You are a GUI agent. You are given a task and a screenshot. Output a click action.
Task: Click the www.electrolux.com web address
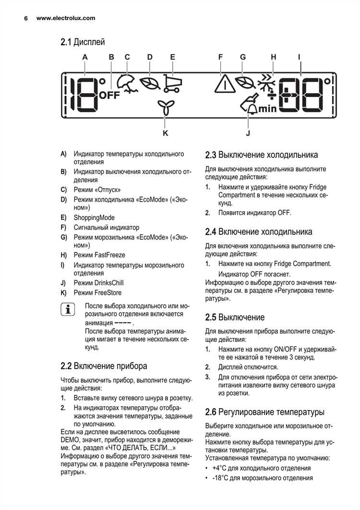[x=66, y=18]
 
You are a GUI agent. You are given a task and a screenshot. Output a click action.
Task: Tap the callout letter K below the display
[x=165, y=134]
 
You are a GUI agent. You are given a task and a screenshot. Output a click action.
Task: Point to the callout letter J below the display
[x=248, y=134]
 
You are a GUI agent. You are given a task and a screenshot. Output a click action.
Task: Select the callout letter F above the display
[x=220, y=57]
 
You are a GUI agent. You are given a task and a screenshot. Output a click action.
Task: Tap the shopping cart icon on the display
[x=171, y=83]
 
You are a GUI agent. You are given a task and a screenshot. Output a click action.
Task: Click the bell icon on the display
[x=252, y=109]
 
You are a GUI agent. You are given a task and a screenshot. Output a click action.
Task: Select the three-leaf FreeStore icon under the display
[x=165, y=109]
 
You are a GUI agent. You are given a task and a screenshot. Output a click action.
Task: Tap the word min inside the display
[x=267, y=109]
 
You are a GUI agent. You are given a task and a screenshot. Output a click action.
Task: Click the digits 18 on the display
[x=82, y=94]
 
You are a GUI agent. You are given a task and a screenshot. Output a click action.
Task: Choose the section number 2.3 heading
[x=211, y=155]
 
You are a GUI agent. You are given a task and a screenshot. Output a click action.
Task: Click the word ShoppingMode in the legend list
[x=94, y=218]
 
